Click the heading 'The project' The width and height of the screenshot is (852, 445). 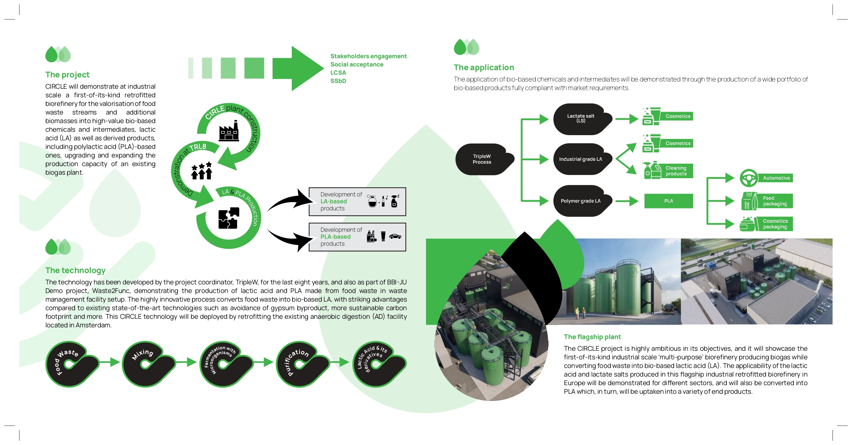[67, 75]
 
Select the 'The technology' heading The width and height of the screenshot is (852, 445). [75, 270]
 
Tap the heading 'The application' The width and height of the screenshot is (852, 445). [484, 67]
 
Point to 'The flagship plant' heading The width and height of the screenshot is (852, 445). [592, 337]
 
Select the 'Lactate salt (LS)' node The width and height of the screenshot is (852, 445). [581, 119]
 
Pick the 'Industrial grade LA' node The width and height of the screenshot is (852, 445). [581, 159]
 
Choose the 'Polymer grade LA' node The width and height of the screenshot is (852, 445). [581, 201]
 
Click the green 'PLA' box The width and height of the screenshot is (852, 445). [669, 201]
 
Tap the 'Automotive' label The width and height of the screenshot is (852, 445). [776, 178]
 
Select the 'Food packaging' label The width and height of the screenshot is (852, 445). [775, 201]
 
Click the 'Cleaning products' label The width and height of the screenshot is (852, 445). [676, 171]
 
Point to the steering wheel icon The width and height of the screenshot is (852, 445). [749, 178]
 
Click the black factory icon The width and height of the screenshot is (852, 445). [229, 131]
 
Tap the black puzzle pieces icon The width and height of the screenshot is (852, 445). [229, 218]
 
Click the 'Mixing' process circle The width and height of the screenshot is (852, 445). [146, 364]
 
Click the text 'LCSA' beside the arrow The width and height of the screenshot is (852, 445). [338, 73]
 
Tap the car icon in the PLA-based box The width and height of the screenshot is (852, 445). [395, 236]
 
